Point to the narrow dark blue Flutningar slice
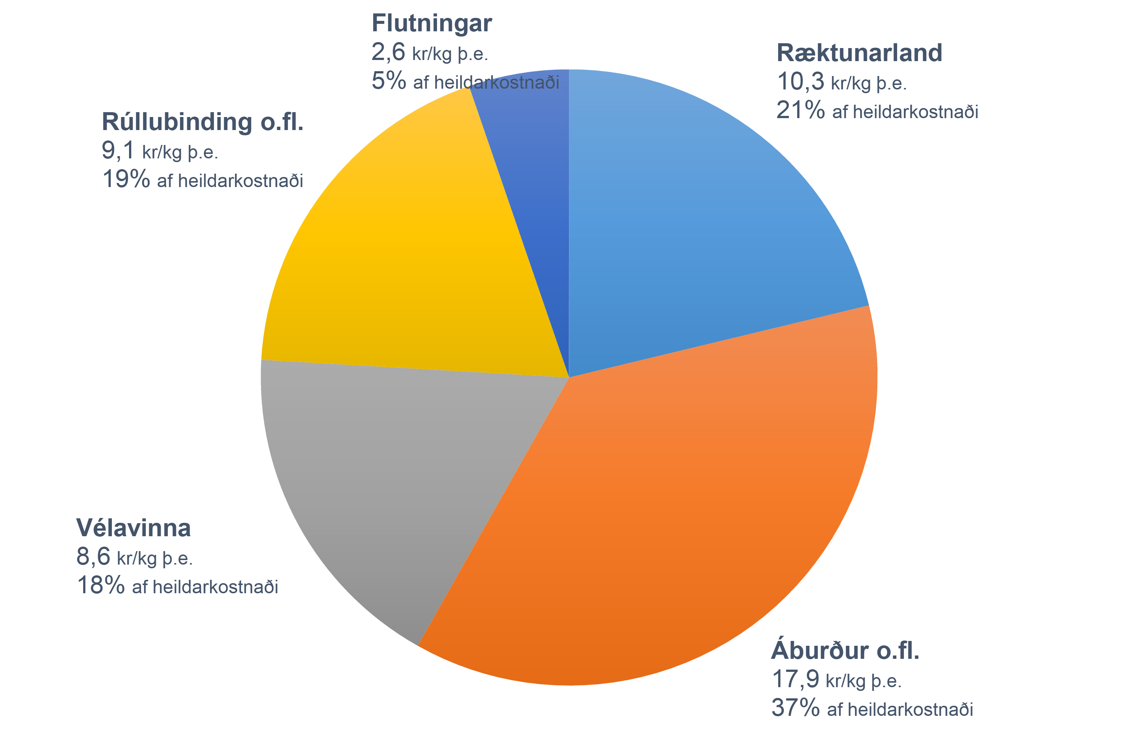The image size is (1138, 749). (x=535, y=191)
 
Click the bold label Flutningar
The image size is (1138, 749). (x=431, y=23)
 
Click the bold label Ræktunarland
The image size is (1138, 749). (x=859, y=53)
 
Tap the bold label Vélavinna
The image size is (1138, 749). (x=133, y=528)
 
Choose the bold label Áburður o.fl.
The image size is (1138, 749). (x=845, y=650)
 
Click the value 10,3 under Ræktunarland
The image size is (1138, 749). (x=801, y=82)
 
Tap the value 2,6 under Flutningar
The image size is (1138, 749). (x=388, y=52)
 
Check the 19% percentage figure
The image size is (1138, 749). (x=126, y=180)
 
